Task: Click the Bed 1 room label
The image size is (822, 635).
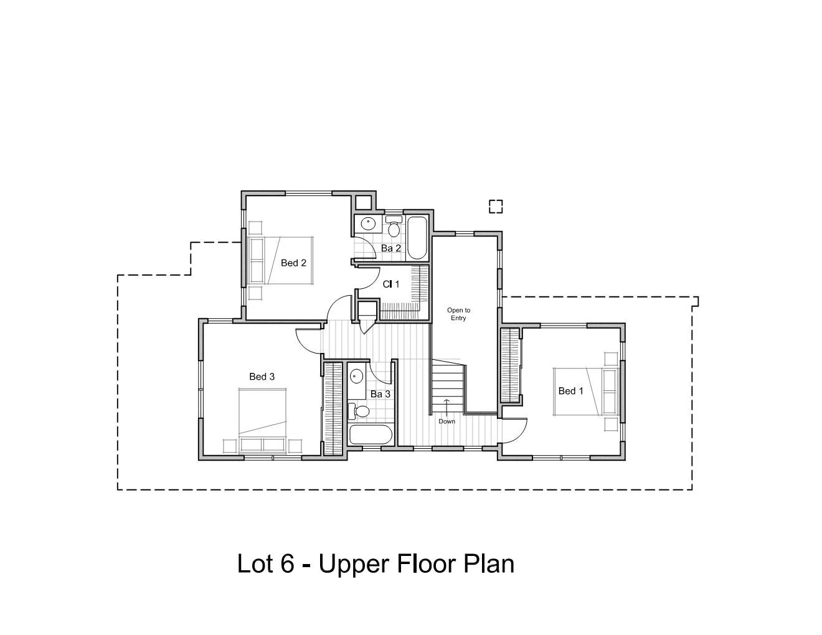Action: tap(570, 391)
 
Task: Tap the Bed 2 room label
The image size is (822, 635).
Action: tap(293, 263)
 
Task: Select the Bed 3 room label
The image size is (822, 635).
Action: tap(262, 377)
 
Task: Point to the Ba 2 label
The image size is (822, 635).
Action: tap(391, 248)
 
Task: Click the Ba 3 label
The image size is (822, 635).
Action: tap(380, 394)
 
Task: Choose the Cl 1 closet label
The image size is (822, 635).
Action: tap(390, 284)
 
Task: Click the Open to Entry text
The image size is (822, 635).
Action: tap(458, 314)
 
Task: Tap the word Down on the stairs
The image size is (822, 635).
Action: tap(446, 421)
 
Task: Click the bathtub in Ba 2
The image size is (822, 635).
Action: tap(417, 238)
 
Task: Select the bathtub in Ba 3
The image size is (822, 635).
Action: tap(371, 435)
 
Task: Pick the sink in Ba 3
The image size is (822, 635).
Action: tap(356, 376)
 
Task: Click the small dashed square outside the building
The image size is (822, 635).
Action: tap(495, 206)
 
